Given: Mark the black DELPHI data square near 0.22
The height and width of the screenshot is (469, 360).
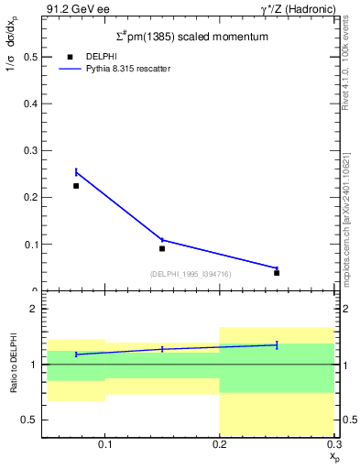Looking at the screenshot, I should click(x=76, y=186).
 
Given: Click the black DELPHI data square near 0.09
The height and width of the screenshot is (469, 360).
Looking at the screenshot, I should click(x=162, y=248).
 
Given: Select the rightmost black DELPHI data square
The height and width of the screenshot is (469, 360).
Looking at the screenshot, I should click(x=277, y=273).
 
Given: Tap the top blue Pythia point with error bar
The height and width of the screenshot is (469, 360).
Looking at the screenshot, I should click(x=76, y=172).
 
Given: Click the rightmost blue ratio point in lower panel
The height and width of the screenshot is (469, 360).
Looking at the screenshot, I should click(x=277, y=344).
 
